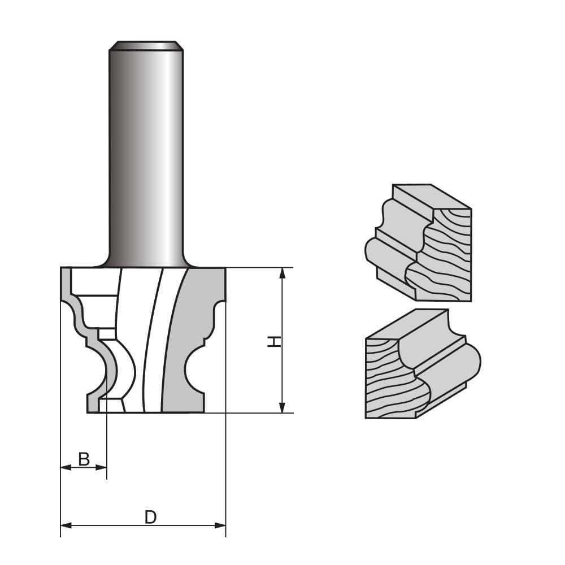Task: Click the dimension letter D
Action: coord(150,517)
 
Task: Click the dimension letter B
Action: coord(84,459)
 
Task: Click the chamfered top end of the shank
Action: coord(146,45)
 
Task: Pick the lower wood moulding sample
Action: coord(421,364)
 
